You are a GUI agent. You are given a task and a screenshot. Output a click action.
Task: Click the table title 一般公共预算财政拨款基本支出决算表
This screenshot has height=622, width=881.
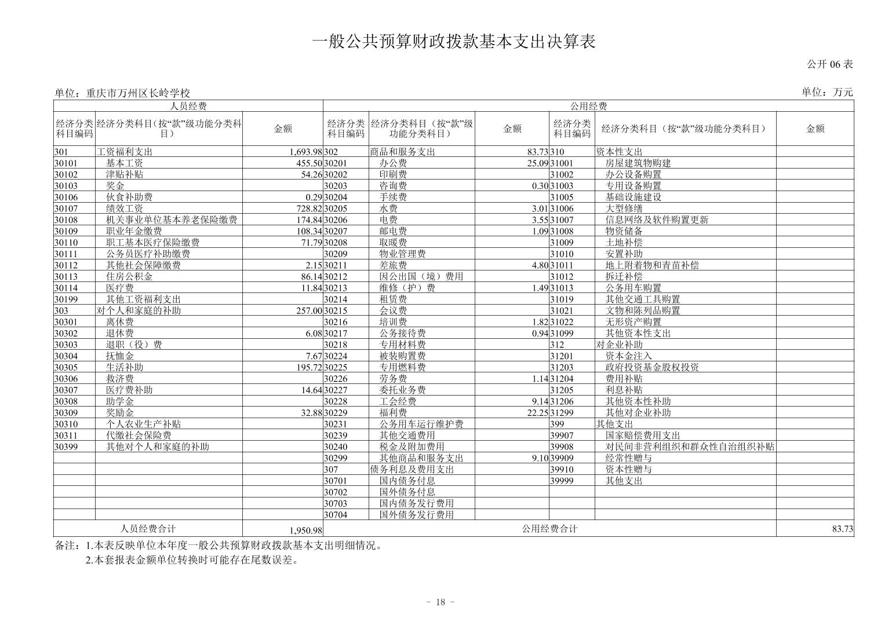454,42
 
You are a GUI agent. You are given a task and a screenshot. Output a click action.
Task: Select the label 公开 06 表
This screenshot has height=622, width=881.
830,64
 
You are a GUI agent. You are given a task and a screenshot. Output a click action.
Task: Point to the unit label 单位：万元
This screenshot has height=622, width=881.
827,92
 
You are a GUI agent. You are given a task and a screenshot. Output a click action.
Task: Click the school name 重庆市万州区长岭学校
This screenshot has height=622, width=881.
138,93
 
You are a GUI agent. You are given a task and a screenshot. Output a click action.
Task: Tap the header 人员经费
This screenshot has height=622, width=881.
188,106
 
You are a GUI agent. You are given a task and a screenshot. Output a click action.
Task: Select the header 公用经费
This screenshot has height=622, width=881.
588,106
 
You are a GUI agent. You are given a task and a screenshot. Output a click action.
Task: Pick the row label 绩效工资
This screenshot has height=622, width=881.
125,208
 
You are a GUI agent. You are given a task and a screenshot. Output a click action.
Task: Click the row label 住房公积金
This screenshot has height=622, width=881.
129,277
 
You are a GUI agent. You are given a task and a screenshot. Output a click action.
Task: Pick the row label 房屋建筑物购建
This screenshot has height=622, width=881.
638,163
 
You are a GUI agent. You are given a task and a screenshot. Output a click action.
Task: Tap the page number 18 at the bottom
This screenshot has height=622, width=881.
440,602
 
